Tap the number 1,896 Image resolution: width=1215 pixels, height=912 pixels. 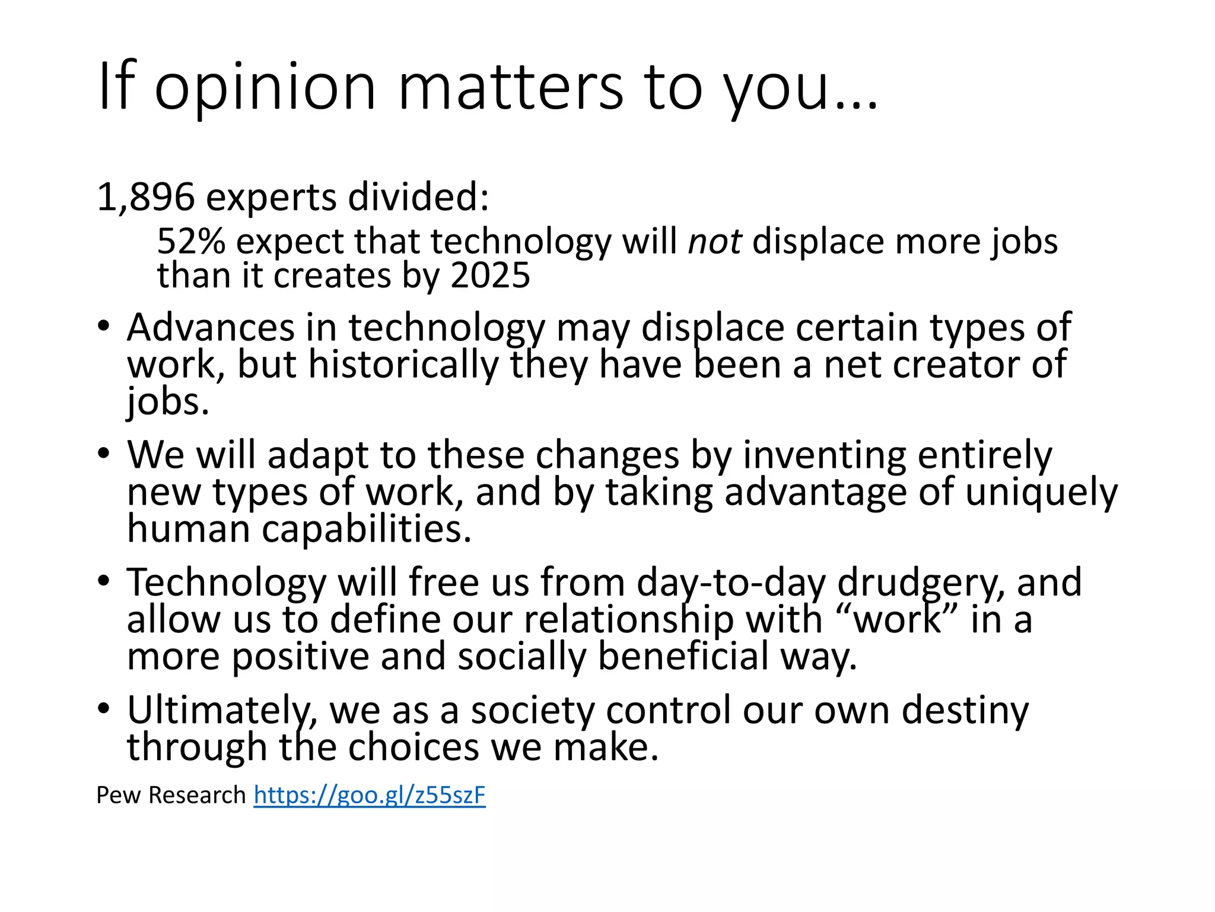tap(145, 197)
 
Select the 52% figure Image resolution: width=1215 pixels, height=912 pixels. tap(191, 242)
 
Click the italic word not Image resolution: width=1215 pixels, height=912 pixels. tap(714, 242)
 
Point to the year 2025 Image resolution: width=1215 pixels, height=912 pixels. tap(490, 276)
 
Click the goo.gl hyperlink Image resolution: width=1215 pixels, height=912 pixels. tap(370, 795)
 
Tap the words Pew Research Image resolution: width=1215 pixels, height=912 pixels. tap(171, 795)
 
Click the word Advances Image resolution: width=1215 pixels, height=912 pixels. tap(211, 328)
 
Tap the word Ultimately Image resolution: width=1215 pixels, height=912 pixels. tap(222, 711)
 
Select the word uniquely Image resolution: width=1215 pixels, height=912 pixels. tap(1041, 493)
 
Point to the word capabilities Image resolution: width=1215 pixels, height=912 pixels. tap(367, 530)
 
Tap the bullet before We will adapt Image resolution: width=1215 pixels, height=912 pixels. tap(104, 454)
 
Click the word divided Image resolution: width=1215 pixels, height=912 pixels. tap(418, 197)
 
